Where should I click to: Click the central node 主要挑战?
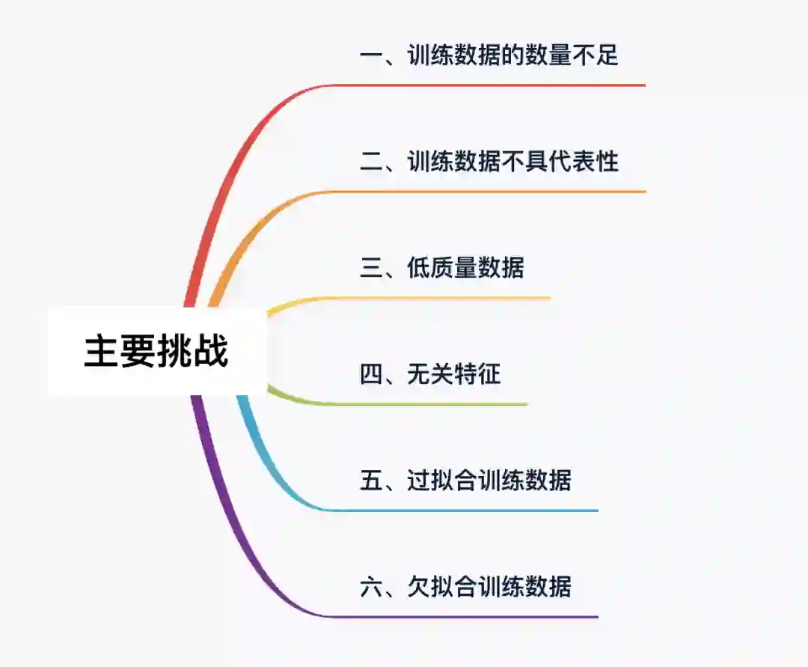coord(156,352)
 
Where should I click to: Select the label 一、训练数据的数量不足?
coord(489,55)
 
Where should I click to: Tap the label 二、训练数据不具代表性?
coord(489,162)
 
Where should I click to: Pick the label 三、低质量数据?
coord(442,268)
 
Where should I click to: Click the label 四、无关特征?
coord(430,374)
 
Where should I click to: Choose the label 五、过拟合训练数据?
coord(465,480)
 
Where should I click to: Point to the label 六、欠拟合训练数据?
coord(465,586)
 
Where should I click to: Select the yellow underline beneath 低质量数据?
coord(449,299)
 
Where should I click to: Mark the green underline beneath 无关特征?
coord(434,404)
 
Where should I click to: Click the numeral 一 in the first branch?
coord(372,55)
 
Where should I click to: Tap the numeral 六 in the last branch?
coord(372,586)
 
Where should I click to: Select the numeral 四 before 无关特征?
coord(372,374)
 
